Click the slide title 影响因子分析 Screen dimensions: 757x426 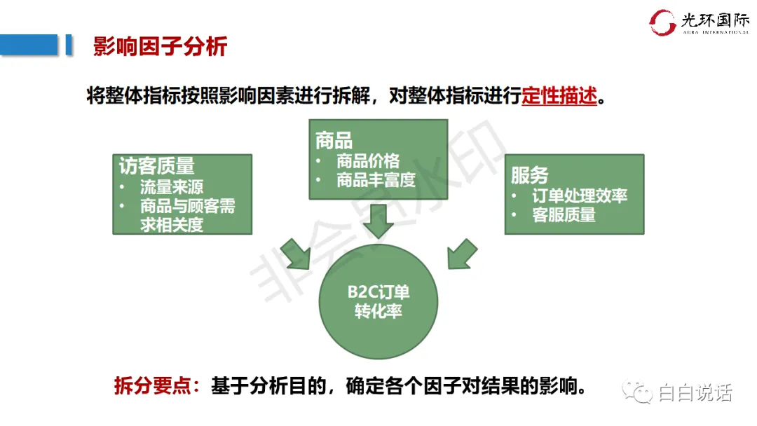tap(161, 47)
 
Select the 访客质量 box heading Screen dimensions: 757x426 tap(157, 166)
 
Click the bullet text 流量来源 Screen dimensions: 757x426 tap(172, 187)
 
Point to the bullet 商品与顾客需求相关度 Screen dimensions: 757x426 tap(186, 215)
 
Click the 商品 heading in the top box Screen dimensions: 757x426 tap(334, 140)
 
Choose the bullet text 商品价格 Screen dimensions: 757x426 tap(368, 160)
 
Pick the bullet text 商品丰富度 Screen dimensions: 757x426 tap(376, 180)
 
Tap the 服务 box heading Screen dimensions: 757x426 tap(529, 175)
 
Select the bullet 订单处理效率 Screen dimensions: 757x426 tap(579, 195)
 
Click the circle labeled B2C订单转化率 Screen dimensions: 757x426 tap(378, 302)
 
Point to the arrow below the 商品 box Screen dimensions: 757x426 tap(378, 220)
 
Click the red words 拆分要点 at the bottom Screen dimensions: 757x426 tap(152, 387)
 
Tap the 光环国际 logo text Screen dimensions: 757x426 tap(714, 20)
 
